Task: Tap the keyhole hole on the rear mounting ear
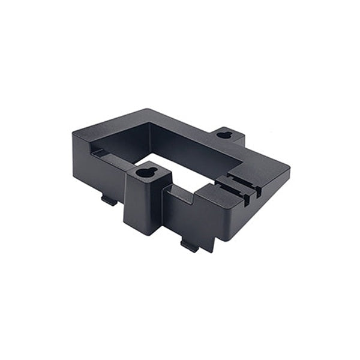224,134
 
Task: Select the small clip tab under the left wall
109,200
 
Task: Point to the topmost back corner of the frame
146,110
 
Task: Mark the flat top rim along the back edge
180,122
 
